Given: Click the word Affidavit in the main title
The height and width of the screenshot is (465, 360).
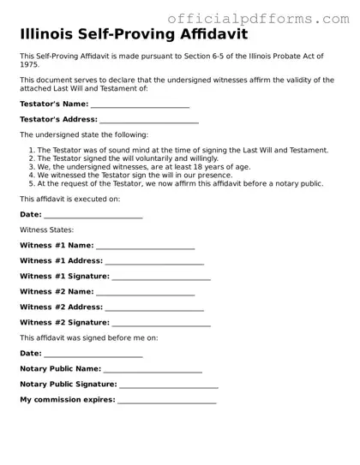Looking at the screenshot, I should click(204, 36).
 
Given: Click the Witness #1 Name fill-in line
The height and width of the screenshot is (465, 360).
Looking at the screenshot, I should click(146, 245).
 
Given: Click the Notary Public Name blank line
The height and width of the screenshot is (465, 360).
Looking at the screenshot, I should click(153, 369).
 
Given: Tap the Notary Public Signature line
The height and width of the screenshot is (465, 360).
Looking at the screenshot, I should click(168, 385).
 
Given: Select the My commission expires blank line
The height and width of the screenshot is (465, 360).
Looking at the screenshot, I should click(167, 400).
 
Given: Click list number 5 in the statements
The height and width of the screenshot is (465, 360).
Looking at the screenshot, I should click(32, 183).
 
